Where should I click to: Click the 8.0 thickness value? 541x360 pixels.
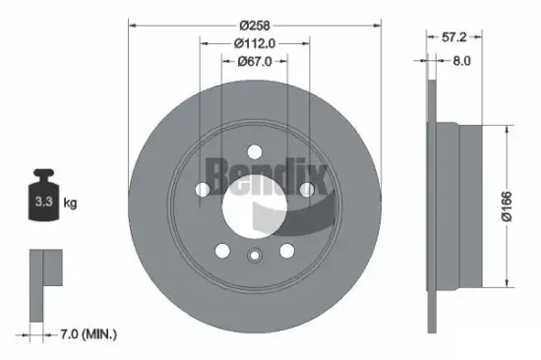pyautogui.click(x=460, y=60)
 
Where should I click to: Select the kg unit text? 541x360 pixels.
pyautogui.click(x=70, y=204)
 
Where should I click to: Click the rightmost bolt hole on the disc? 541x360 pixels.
pyautogui.click(x=307, y=188)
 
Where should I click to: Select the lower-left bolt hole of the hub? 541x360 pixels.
pyautogui.click(x=223, y=249)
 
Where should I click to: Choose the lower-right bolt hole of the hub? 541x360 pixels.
pyautogui.click(x=284, y=249)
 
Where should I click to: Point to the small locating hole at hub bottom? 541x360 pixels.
pyautogui.click(x=254, y=257)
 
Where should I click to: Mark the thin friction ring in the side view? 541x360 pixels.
pyautogui.click(x=432, y=206)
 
